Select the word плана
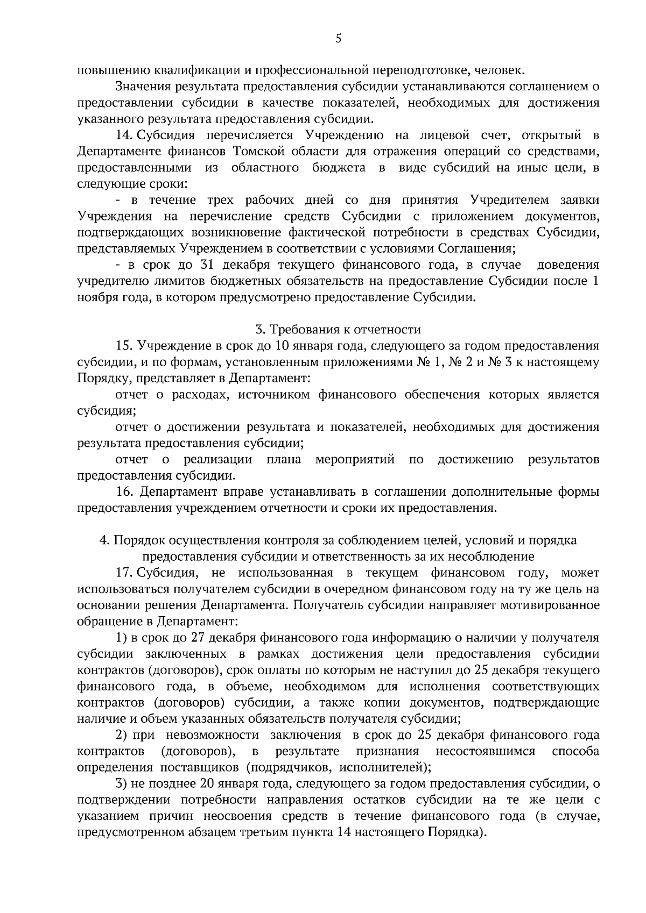tap(284, 460)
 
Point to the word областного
tap(265, 168)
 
